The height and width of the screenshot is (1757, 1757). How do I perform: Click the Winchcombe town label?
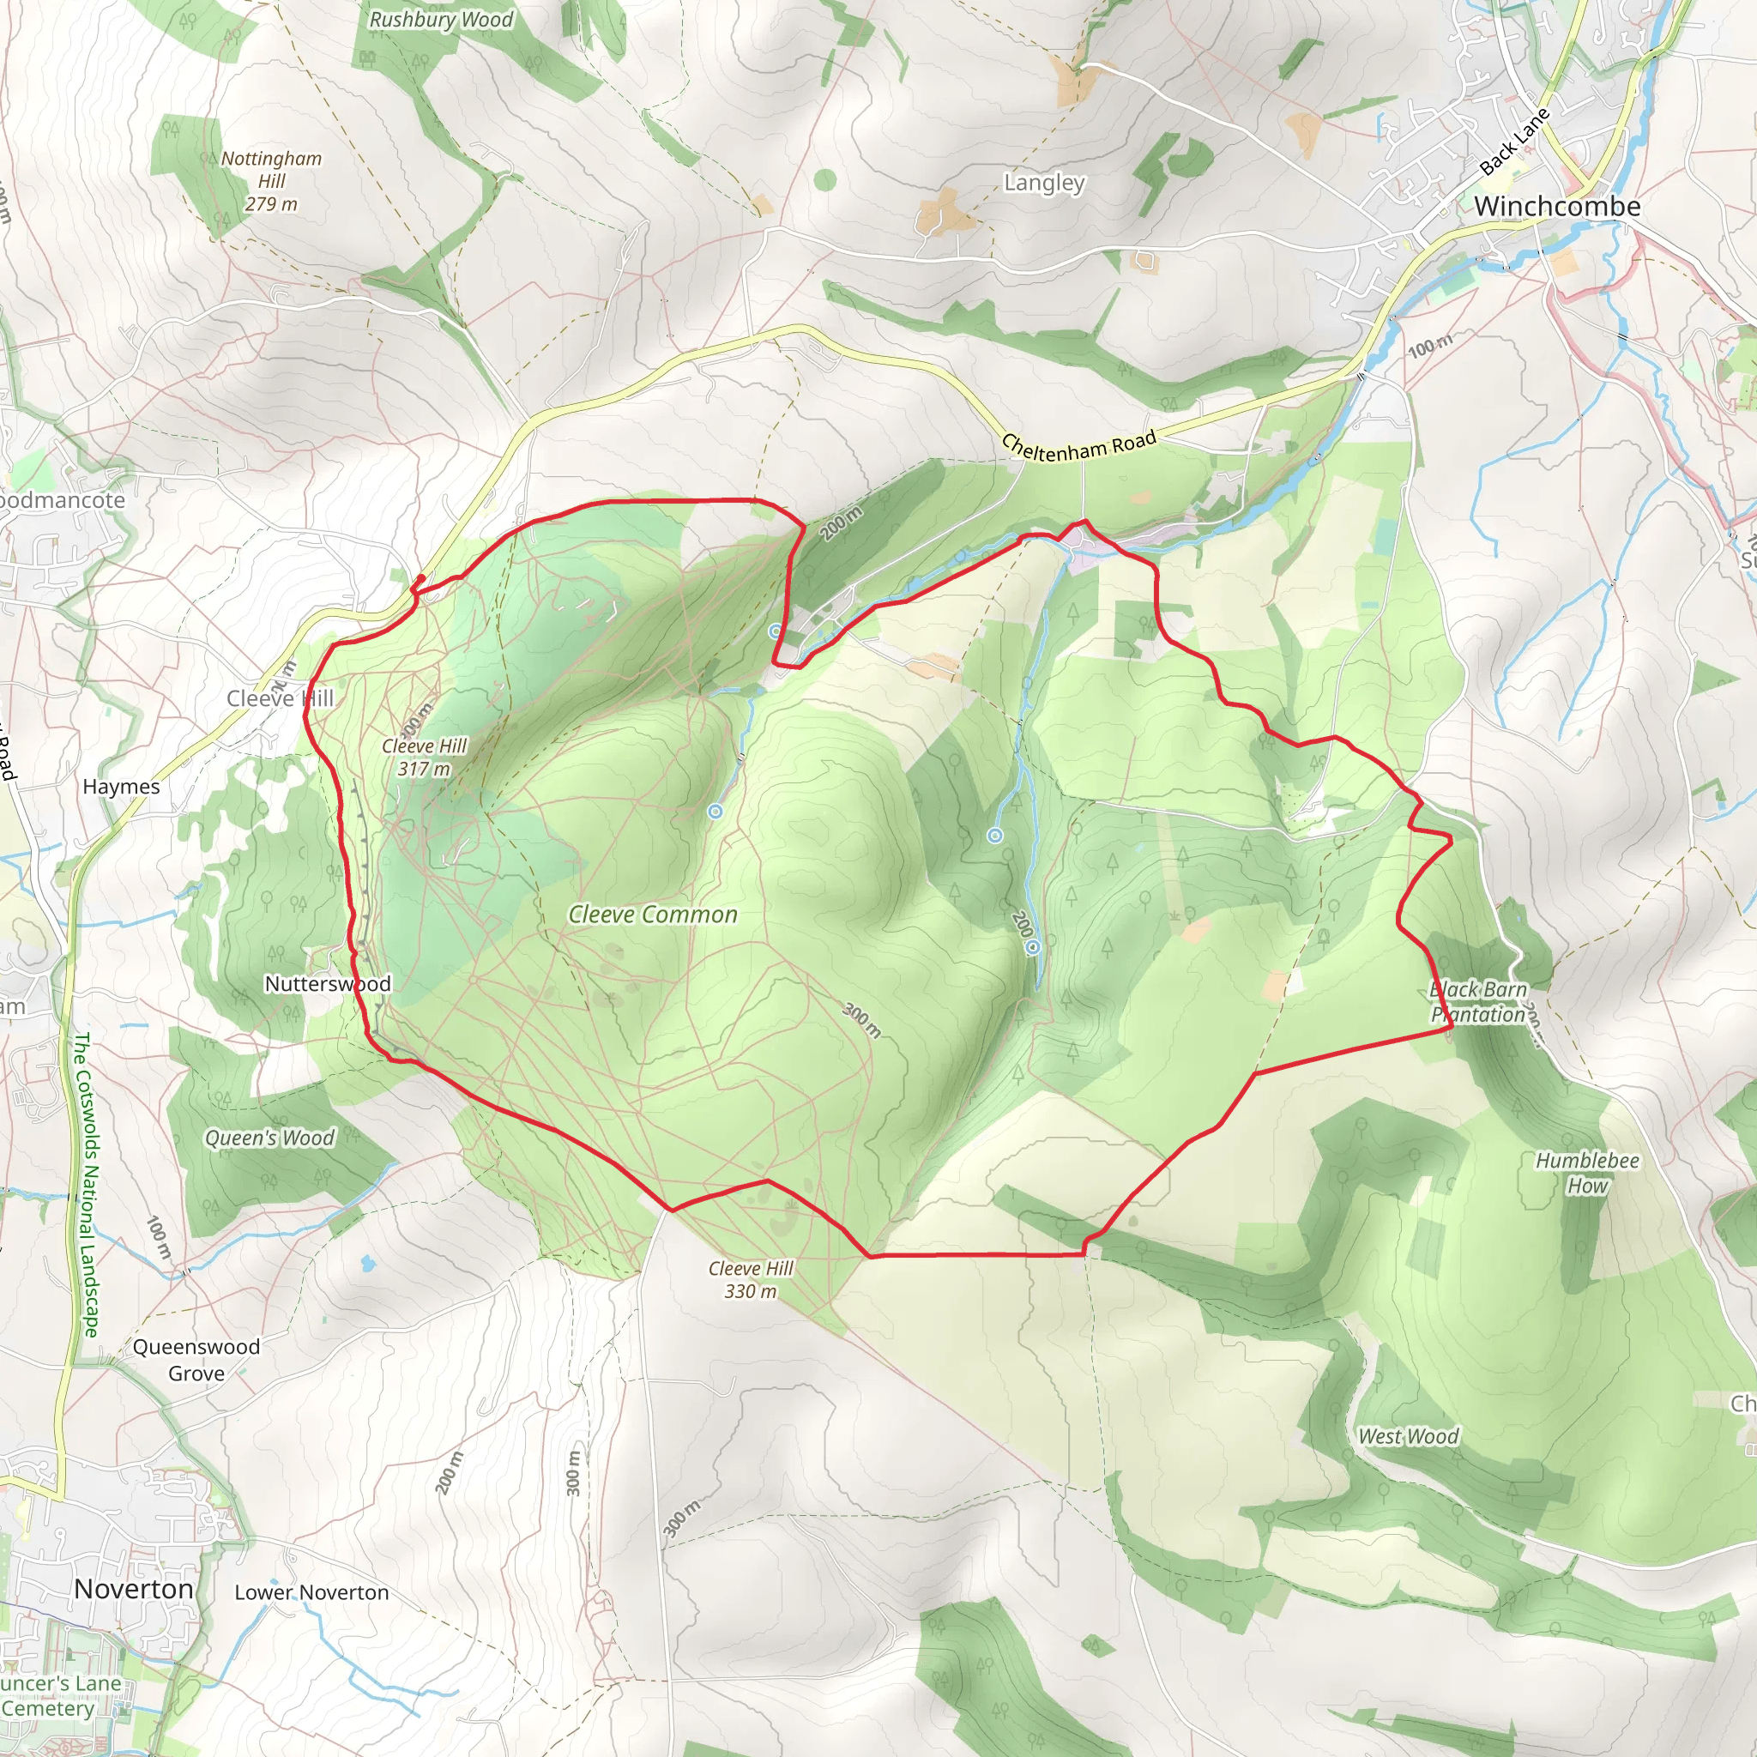pyautogui.click(x=1557, y=207)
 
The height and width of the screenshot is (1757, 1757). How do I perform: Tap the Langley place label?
pyautogui.click(x=1044, y=183)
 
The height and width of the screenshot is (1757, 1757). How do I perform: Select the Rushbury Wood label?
pyautogui.click(x=441, y=20)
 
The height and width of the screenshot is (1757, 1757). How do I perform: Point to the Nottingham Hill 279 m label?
pyautogui.click(x=271, y=181)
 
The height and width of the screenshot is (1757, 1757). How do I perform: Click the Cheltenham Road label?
pyautogui.click(x=1078, y=445)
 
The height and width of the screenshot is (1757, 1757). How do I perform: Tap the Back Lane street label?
pyautogui.click(x=1513, y=142)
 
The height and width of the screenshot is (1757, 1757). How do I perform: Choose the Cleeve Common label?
pyautogui.click(x=653, y=915)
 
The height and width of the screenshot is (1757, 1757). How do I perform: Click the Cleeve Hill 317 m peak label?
pyautogui.click(x=424, y=757)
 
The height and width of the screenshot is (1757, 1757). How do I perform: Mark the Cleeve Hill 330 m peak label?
pyautogui.click(x=751, y=1279)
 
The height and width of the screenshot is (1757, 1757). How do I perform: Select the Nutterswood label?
pyautogui.click(x=328, y=984)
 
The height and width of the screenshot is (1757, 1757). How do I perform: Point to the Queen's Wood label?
pyautogui.click(x=269, y=1138)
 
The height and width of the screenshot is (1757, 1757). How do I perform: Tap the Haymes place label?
pyautogui.click(x=121, y=787)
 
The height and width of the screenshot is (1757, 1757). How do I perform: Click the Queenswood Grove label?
pyautogui.click(x=196, y=1360)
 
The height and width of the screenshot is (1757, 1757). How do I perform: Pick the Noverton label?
pyautogui.click(x=134, y=1589)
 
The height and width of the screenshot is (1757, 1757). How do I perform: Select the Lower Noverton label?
pyautogui.click(x=311, y=1592)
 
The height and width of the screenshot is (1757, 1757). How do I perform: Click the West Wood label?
pyautogui.click(x=1408, y=1436)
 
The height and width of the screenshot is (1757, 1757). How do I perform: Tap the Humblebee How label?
pyautogui.click(x=1587, y=1172)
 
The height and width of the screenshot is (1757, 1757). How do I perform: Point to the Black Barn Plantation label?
pyautogui.click(x=1478, y=1001)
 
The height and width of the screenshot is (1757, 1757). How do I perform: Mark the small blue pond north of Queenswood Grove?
pyautogui.click(x=366, y=1263)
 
